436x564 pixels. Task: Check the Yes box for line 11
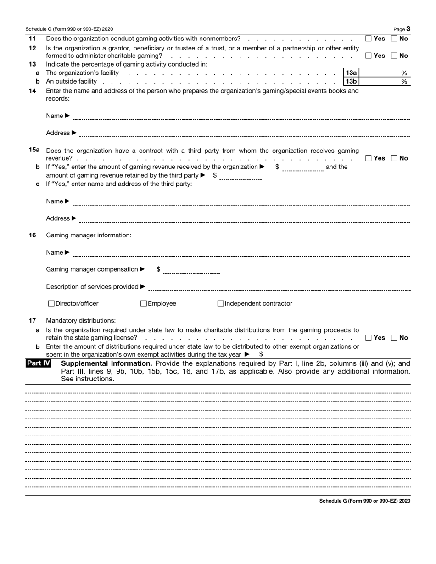click(x=369, y=39)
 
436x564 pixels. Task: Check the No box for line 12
click(x=394, y=56)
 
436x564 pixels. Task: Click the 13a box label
click(x=352, y=73)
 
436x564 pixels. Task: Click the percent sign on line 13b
click(x=404, y=82)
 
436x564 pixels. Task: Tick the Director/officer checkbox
click(x=51, y=303)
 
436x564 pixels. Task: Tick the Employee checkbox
click(x=144, y=303)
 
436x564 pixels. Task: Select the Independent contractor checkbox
click(x=220, y=303)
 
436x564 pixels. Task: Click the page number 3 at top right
click(x=408, y=29)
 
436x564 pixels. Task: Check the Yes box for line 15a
click(x=369, y=158)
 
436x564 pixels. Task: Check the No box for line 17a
click(x=394, y=338)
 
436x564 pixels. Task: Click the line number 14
click(x=32, y=90)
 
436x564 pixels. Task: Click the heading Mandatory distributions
click(x=81, y=320)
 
